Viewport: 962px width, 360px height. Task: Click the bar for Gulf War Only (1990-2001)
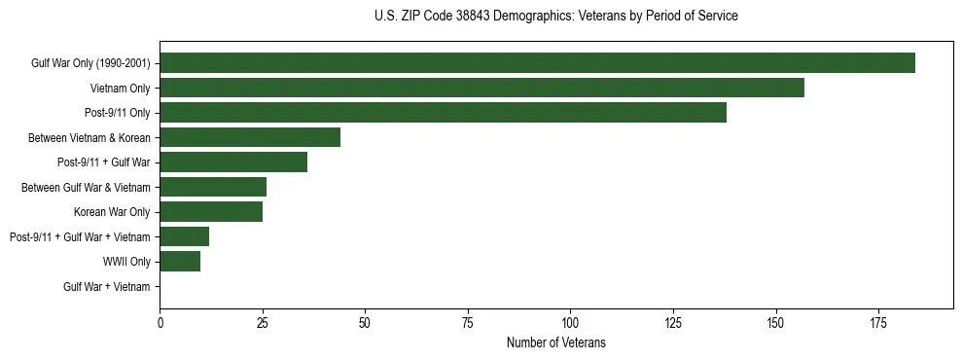[x=537, y=62]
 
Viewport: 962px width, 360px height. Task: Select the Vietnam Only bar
[x=481, y=88]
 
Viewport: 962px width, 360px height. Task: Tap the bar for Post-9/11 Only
[x=443, y=112]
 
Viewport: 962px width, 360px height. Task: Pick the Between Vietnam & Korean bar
[x=250, y=137]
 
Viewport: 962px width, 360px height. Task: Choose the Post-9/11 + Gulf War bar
[x=233, y=162]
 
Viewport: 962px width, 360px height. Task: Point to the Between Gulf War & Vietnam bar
[x=213, y=187]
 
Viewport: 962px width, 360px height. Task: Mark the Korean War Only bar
[x=211, y=211]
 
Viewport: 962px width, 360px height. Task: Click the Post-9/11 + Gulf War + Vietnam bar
[x=184, y=236]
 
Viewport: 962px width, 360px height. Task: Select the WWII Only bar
[x=180, y=261]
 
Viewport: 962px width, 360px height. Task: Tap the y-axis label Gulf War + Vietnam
[x=107, y=286]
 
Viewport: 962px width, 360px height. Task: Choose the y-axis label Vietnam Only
[x=120, y=89]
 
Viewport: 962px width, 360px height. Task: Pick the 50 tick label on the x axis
[x=365, y=321]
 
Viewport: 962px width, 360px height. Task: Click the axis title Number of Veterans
[x=555, y=342]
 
